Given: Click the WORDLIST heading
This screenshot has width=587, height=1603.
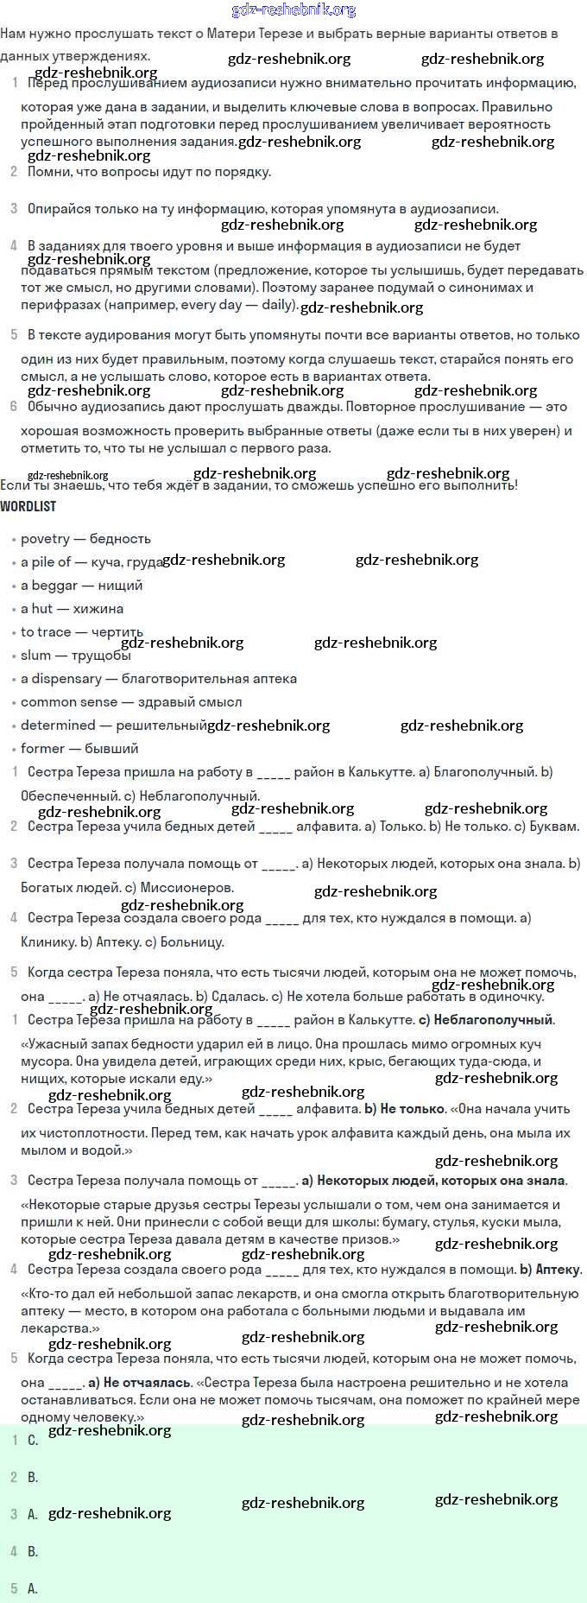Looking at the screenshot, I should click(x=28, y=506).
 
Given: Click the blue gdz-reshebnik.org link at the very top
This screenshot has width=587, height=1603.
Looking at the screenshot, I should click(x=293, y=10).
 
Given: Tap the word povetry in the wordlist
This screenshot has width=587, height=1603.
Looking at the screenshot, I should click(x=45, y=539).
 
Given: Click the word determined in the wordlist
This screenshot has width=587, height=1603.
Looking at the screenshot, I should click(x=58, y=725).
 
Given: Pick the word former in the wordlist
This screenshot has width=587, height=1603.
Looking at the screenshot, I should click(x=42, y=749).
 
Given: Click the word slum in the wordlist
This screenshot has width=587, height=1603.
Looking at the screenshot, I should click(x=35, y=656).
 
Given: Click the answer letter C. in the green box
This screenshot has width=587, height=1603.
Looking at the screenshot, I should click(x=33, y=1440).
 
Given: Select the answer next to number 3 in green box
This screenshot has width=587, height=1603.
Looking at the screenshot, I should click(x=33, y=1514).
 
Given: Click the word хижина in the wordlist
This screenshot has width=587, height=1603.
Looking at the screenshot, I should click(x=98, y=609).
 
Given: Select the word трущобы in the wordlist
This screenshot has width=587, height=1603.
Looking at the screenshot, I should click(x=101, y=656).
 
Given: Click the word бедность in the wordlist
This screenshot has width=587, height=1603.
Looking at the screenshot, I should click(x=120, y=539).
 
